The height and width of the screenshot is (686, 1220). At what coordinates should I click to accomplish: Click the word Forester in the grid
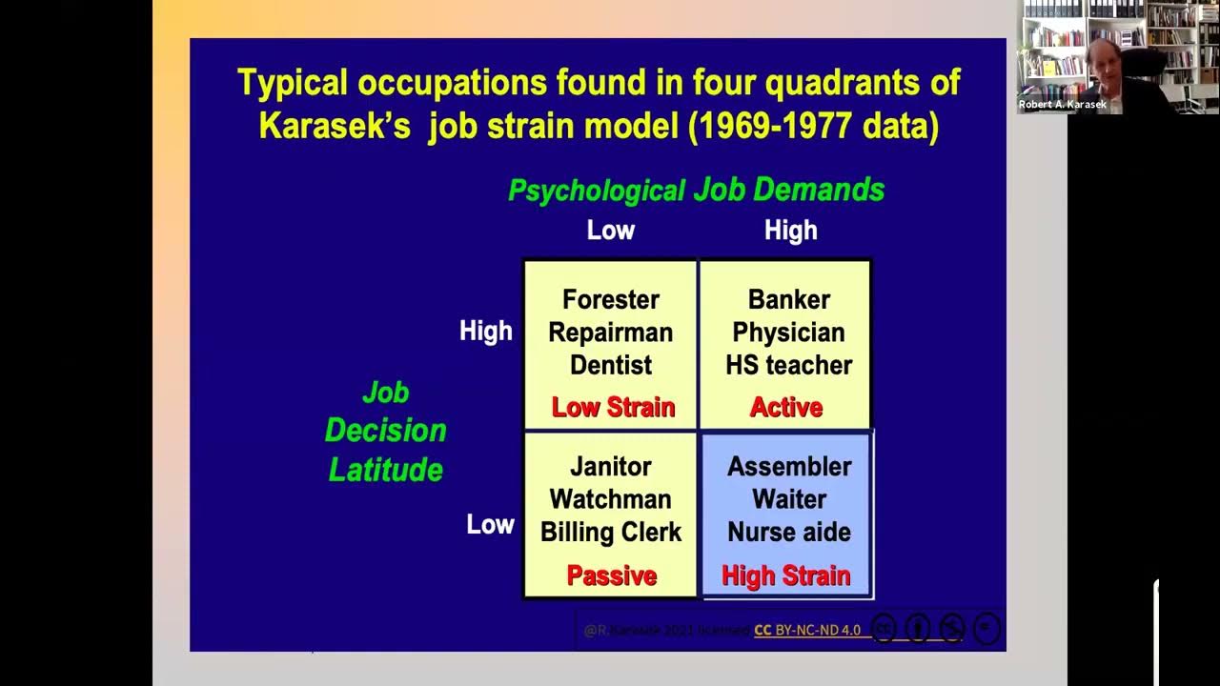(610, 300)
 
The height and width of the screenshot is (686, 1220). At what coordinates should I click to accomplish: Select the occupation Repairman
(610, 333)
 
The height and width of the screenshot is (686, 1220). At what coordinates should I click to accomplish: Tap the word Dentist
(610, 365)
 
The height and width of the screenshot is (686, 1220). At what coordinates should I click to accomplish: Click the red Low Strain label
(613, 408)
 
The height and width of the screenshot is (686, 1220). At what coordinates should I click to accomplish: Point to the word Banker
(788, 300)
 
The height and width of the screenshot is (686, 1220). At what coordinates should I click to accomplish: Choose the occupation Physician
(788, 333)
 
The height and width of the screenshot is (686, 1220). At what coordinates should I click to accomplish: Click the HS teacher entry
(788, 365)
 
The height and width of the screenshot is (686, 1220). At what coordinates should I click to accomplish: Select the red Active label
(785, 408)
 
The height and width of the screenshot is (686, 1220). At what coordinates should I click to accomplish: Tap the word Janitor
(610, 467)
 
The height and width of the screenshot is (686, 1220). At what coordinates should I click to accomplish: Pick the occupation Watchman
(610, 499)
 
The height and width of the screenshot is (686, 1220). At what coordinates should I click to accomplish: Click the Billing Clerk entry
(610, 532)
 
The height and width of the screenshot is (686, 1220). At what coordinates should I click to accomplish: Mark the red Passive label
(611, 575)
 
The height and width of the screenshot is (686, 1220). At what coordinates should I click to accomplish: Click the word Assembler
(788, 467)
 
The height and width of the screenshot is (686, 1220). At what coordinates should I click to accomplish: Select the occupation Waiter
(788, 499)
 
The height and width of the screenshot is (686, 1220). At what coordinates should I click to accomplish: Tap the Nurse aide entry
(788, 532)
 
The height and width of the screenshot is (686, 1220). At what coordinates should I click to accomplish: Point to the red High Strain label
(785, 575)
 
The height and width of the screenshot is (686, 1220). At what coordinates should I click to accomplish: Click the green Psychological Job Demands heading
(696, 191)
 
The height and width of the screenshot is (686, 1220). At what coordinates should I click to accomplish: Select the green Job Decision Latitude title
(385, 431)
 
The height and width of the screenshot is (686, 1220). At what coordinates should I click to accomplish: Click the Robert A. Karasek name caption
(1062, 105)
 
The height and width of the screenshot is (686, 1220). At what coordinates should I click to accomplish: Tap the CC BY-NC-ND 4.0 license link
(807, 630)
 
